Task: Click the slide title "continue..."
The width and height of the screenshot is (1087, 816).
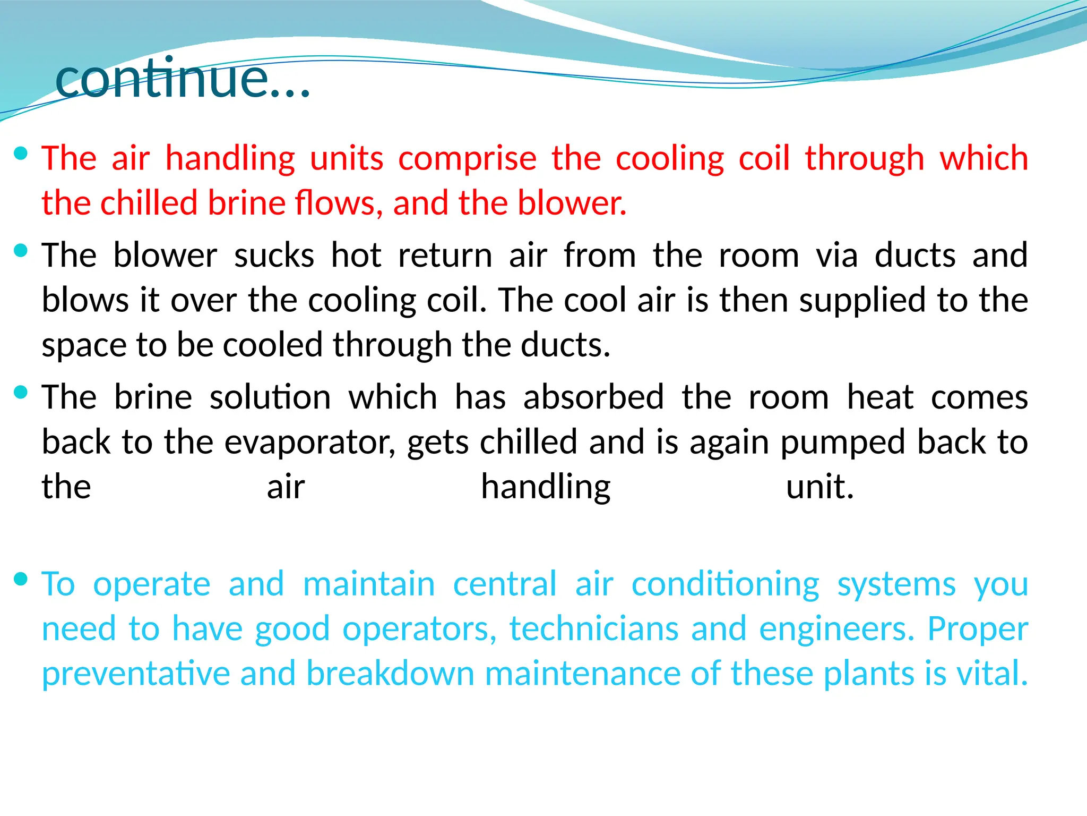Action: [x=182, y=79]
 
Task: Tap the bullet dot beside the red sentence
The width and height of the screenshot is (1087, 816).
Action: [x=21, y=154]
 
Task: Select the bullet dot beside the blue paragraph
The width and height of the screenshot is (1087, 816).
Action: [x=21, y=579]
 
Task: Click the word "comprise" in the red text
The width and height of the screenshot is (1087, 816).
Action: [x=467, y=159]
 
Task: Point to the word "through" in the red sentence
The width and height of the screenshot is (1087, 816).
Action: [x=865, y=159]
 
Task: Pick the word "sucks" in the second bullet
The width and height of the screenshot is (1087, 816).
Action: [x=274, y=256]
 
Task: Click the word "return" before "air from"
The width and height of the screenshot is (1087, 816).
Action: [x=445, y=256]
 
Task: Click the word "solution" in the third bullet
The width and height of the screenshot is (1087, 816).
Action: [x=270, y=397]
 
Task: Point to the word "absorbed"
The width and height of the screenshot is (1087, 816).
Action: [x=593, y=397]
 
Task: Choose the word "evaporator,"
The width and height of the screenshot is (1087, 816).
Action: [x=310, y=443]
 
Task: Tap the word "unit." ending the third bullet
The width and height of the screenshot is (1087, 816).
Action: [x=819, y=487]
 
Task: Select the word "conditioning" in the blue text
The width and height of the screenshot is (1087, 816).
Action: [x=726, y=585]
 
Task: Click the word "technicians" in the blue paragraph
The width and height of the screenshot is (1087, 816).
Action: [x=594, y=630]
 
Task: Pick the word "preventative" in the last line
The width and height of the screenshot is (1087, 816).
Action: [x=136, y=674]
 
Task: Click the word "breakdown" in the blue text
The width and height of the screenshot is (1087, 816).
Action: [x=390, y=673]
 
